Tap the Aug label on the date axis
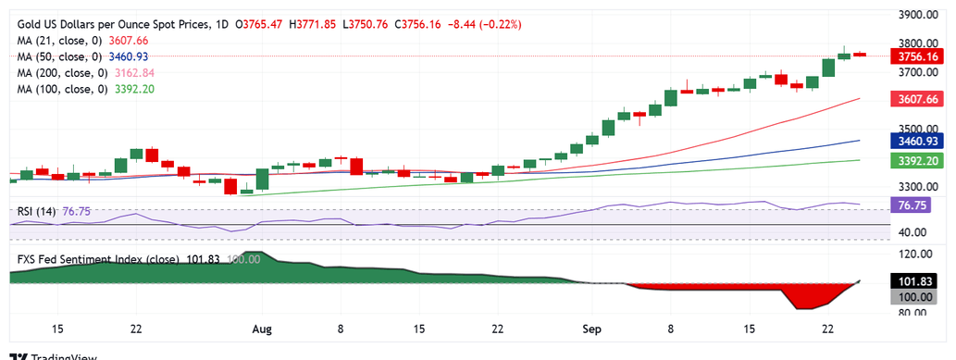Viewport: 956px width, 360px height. pos(262,329)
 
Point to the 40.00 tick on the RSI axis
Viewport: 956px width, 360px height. pos(917,232)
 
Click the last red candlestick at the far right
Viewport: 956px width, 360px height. pos(860,55)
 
